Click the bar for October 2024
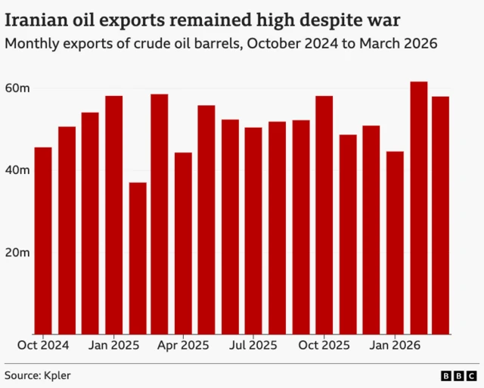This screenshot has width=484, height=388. tap(43, 241)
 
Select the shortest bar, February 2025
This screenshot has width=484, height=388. tap(138, 258)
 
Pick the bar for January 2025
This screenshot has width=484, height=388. tap(113, 215)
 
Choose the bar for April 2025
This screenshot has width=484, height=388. tap(183, 243)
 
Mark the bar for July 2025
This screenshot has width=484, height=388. tap(253, 231)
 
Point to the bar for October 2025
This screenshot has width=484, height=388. tap(324, 215)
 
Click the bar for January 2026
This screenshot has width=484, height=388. tap(395, 243)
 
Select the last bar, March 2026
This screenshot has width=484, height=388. tap(441, 215)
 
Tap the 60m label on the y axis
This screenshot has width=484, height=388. tap(17, 88)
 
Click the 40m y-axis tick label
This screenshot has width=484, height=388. tap(17, 170)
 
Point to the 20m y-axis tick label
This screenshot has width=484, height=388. tap(17, 252)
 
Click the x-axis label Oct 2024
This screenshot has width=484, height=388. tap(43, 345)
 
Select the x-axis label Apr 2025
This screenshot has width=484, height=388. tap(183, 345)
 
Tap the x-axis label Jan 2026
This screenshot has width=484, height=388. tap(395, 345)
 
